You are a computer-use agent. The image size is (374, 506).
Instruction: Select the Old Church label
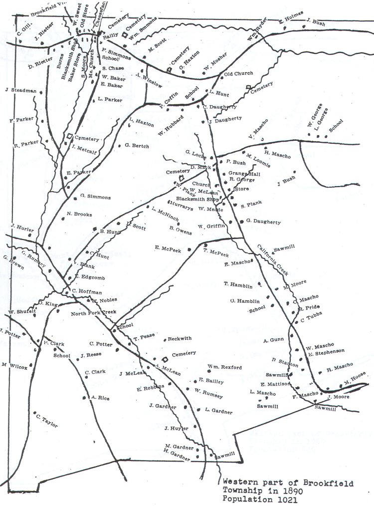235,74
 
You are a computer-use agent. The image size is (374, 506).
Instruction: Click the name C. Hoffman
87,291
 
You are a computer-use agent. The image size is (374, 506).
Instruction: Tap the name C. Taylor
47,420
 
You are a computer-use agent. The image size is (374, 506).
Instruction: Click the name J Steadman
20,90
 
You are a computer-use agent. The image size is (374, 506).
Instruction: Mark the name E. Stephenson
326,353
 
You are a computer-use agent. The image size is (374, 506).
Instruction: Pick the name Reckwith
180,338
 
